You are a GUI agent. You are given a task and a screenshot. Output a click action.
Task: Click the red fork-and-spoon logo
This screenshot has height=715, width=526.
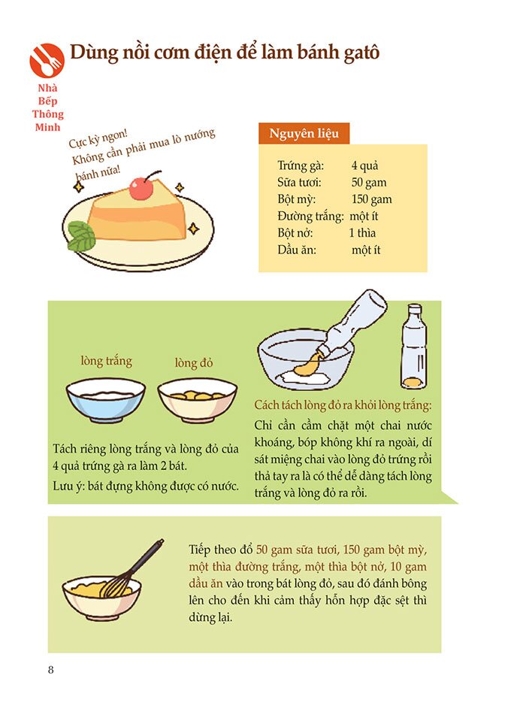pyautogui.click(x=47, y=60)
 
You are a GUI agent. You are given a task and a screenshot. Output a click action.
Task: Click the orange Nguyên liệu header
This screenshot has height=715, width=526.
pyautogui.click(x=304, y=133)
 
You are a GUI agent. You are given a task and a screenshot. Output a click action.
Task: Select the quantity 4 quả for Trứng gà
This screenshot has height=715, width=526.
pyautogui.click(x=364, y=165)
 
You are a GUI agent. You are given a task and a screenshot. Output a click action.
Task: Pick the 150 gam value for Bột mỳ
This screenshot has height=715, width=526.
pyautogui.click(x=371, y=199)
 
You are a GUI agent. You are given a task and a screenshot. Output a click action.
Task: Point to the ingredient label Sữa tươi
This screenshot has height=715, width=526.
pyautogui.click(x=299, y=183)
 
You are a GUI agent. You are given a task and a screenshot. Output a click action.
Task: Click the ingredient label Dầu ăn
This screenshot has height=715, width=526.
pyautogui.click(x=296, y=250)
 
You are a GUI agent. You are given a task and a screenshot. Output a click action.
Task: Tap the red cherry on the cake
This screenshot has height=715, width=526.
pyautogui.click(x=141, y=188)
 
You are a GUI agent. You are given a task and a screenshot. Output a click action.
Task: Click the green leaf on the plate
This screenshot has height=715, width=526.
pyautogui.click(x=82, y=236)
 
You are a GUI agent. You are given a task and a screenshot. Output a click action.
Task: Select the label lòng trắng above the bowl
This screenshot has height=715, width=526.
pyautogui.click(x=106, y=361)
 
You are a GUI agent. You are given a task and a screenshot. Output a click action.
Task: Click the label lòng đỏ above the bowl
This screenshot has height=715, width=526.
pyautogui.click(x=194, y=363)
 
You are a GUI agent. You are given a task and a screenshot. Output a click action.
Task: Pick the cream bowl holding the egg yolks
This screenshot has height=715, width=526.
pyautogui.click(x=198, y=401)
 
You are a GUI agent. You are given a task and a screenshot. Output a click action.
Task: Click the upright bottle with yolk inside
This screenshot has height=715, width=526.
pyautogui.click(x=414, y=347)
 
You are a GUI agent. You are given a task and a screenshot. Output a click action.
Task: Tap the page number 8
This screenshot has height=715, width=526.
pyautogui.click(x=50, y=669)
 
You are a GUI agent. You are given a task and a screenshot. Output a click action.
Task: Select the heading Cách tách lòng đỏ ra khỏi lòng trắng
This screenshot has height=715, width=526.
pyautogui.click(x=343, y=405)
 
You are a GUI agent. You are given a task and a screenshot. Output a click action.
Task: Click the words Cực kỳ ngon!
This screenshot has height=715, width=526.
pyautogui.click(x=98, y=139)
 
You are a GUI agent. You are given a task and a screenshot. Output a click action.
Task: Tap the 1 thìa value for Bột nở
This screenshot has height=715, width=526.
pyautogui.click(x=362, y=233)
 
